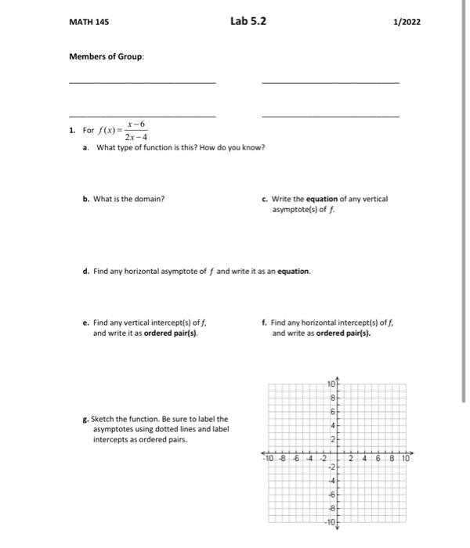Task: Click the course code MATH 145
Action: click(x=89, y=22)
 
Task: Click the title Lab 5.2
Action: click(x=248, y=21)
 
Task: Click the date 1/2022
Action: click(x=407, y=22)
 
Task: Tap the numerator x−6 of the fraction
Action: click(x=136, y=124)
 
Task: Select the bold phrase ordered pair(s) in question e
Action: click(x=170, y=333)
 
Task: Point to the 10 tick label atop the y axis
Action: click(x=331, y=384)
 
